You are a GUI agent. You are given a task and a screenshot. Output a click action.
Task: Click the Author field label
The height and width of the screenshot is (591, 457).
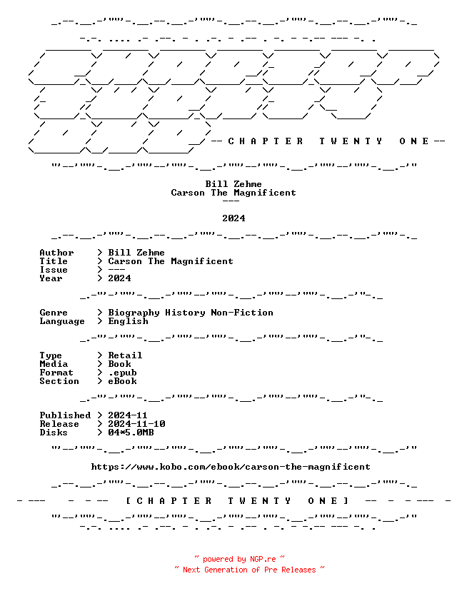point(56,253)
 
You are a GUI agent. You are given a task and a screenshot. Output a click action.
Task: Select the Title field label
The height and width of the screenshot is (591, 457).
point(54,261)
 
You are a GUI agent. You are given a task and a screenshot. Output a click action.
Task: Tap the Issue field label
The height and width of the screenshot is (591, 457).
point(54,270)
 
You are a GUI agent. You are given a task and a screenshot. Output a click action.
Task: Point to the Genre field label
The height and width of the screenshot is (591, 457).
point(54,313)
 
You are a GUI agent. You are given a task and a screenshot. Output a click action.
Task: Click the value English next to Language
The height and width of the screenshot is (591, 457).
point(129,321)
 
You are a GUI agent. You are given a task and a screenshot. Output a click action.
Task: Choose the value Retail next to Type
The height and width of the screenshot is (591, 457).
point(125,355)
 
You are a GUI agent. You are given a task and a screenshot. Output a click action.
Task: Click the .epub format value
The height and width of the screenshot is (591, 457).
point(122,373)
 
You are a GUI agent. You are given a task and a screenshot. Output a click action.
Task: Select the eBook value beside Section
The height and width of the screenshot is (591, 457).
point(122,381)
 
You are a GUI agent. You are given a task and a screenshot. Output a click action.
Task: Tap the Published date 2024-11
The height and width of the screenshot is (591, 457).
point(127,415)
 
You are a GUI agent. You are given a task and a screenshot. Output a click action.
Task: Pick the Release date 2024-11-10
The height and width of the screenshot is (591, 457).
point(136,424)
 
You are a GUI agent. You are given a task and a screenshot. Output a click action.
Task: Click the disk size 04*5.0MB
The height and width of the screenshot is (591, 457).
point(131,433)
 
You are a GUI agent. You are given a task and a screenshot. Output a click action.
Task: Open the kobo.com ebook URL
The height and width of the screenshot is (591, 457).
point(231,467)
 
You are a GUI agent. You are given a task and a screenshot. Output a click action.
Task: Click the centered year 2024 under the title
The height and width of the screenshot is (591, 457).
point(233,218)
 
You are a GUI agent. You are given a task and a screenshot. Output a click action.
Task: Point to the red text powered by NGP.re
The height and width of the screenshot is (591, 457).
point(239,559)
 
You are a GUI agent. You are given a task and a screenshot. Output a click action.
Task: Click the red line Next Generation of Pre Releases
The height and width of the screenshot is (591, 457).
point(249,570)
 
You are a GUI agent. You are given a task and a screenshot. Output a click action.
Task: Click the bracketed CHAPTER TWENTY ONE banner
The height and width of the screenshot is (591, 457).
point(237,501)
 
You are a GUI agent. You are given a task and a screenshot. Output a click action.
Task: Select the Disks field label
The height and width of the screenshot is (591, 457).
point(54,433)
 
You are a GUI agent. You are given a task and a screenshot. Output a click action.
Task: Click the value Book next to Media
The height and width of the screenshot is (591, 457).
point(119,364)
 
